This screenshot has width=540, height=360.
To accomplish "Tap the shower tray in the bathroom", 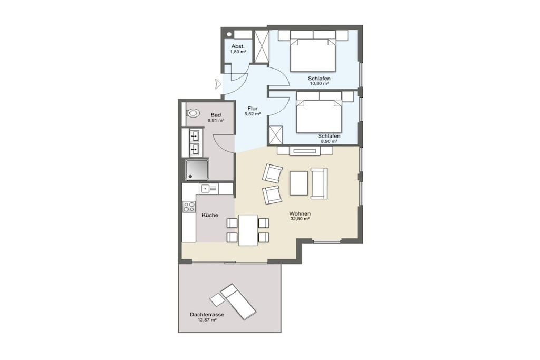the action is tap(197, 169).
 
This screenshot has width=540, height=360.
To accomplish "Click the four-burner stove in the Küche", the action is tap(189, 207).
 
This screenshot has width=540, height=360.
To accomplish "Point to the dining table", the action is tap(248, 230).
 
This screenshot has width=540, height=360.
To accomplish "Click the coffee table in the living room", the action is tap(299, 183).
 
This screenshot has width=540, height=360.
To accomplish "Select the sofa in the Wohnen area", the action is tap(319, 183).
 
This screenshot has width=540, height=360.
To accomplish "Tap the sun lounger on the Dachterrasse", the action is tap(238, 302).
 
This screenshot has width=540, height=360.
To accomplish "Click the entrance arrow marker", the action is tap(218, 84).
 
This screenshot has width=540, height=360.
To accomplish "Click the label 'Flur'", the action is tap(253, 109).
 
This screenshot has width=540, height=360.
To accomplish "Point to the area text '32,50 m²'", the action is tap(300, 219).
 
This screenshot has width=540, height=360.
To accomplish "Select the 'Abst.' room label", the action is tap(238, 46).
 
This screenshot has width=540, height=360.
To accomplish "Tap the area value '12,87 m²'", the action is tap(207, 320).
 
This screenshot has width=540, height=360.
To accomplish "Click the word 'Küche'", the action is tap(210, 215).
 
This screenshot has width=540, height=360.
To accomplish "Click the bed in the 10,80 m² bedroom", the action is tap(313, 54).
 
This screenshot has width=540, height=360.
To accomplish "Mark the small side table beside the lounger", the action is tap(217, 300).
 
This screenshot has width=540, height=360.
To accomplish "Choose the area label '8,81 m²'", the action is tap(216, 121).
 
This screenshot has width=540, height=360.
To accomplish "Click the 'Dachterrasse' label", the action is tap(207, 315).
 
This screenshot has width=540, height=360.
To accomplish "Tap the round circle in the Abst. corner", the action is tap(229, 35).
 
